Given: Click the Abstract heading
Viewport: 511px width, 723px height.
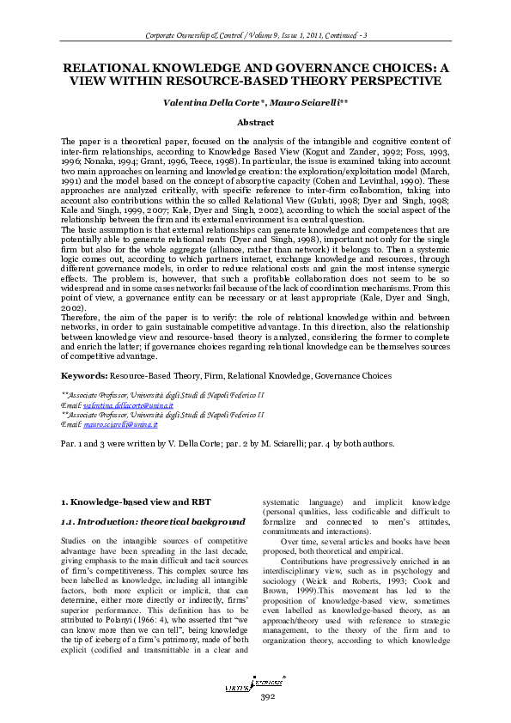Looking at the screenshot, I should [255, 123].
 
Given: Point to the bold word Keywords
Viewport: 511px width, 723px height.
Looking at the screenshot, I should [83, 376].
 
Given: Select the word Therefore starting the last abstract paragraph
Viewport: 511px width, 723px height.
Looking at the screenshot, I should [81, 316].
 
